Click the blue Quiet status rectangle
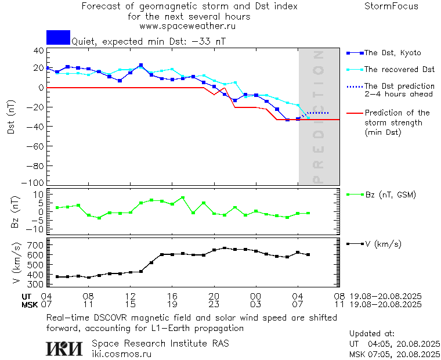[58, 37]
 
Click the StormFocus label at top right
[391, 6]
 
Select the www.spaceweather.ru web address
[187, 26]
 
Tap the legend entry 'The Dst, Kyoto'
[392, 53]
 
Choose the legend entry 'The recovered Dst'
[399, 70]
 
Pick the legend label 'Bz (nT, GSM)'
[390, 195]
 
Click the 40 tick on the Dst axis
[38, 51]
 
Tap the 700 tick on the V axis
[36, 246]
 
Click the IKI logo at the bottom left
[65, 348]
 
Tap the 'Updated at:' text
[371, 334]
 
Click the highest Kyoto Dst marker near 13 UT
[141, 66]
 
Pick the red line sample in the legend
[353, 113]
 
